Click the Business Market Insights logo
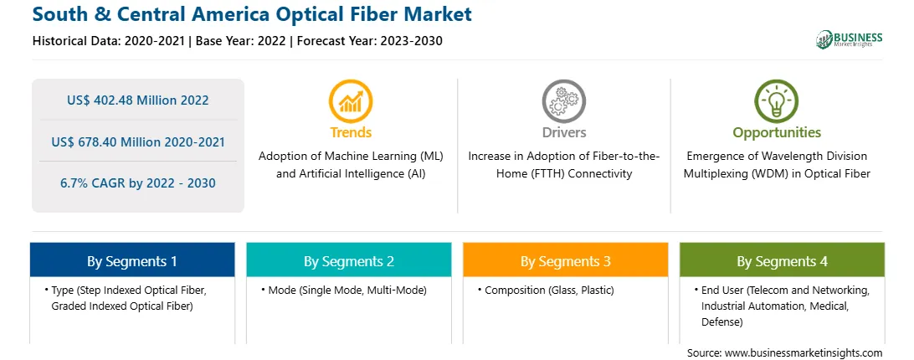point(850,39)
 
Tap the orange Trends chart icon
point(351,101)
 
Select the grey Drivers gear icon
point(563,101)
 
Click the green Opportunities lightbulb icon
point(777,101)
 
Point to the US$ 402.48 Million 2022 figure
point(137,100)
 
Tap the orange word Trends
point(351,132)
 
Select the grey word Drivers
point(563,132)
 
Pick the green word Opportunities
point(777,132)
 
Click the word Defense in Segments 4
point(721,321)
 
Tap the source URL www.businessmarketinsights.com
point(804,352)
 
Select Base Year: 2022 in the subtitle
point(241,41)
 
